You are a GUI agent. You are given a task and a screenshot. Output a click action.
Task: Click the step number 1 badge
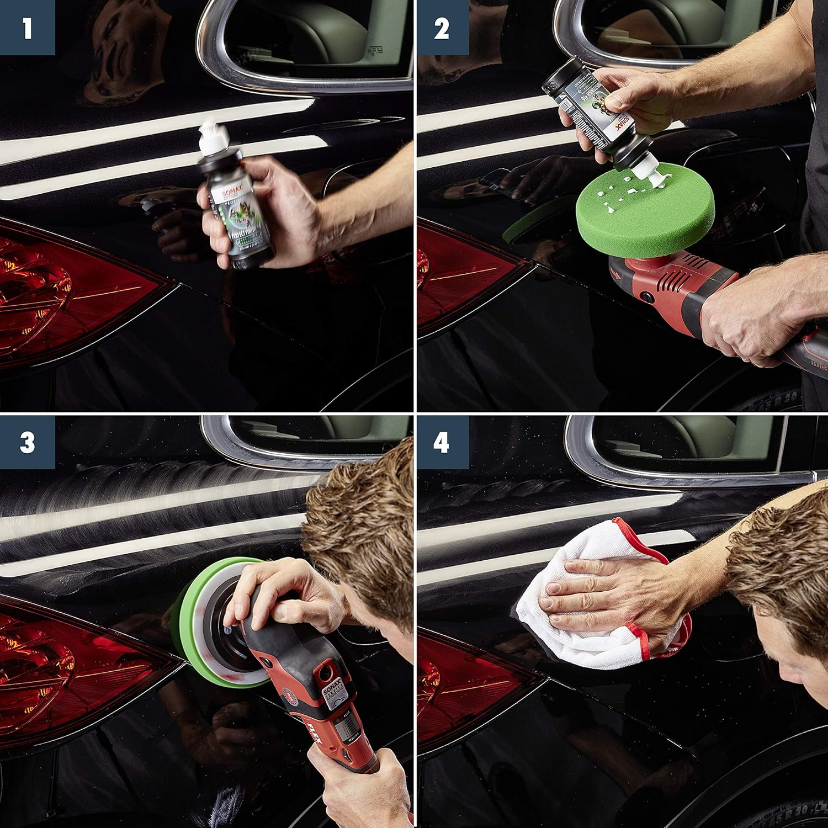pyautogui.click(x=27, y=28)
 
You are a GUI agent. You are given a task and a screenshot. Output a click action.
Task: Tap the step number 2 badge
pyautogui.click(x=441, y=28)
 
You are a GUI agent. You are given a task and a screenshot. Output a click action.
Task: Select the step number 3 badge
pyautogui.click(x=27, y=442)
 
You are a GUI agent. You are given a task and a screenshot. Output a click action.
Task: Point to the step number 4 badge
pyautogui.click(x=441, y=442)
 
